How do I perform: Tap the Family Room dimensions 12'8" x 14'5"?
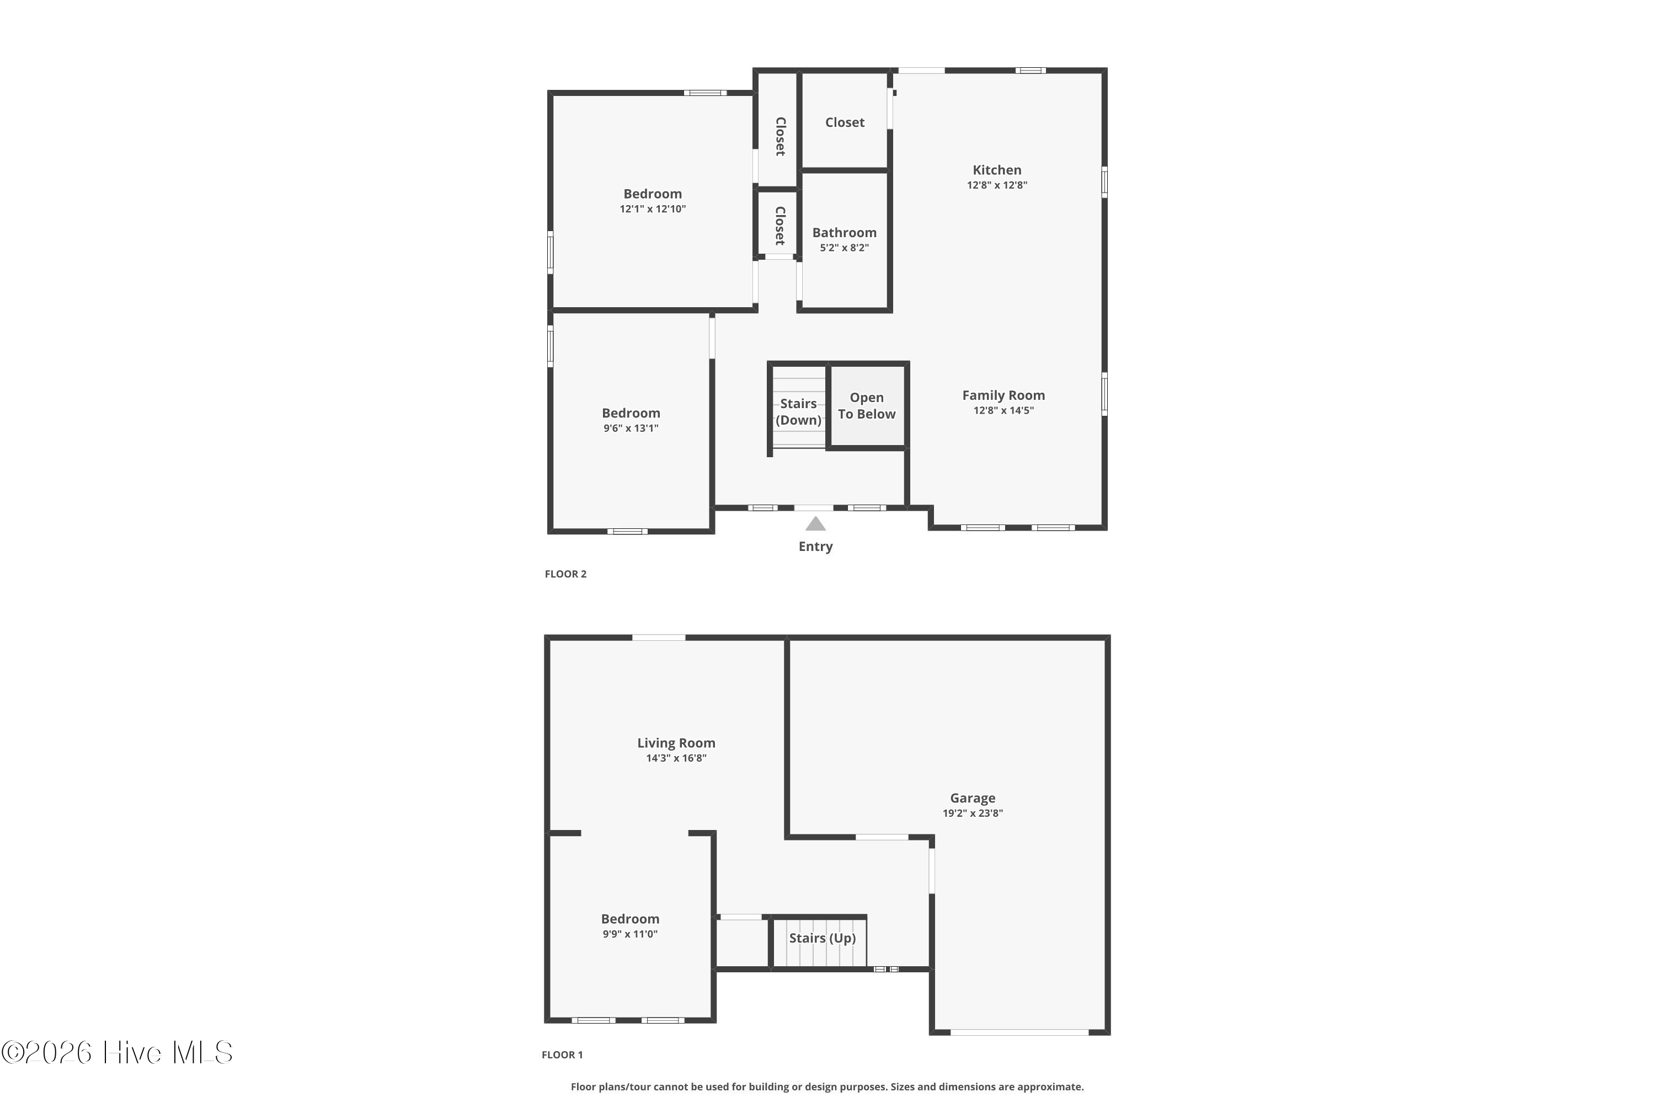tap(1003, 411)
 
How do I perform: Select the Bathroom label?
tap(845, 233)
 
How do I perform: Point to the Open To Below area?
tap(866, 406)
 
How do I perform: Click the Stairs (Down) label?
tap(799, 412)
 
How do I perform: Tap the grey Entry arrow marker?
tap(815, 523)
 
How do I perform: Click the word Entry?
tap(815, 547)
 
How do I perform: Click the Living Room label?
tap(676, 743)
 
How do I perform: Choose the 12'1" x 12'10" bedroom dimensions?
tap(652, 209)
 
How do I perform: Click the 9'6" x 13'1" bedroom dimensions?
tap(631, 429)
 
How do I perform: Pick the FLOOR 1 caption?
tap(562, 1054)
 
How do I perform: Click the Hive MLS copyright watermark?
tap(117, 1053)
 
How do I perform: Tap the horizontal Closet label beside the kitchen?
tap(845, 122)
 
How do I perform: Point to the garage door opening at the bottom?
tap(1019, 1032)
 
